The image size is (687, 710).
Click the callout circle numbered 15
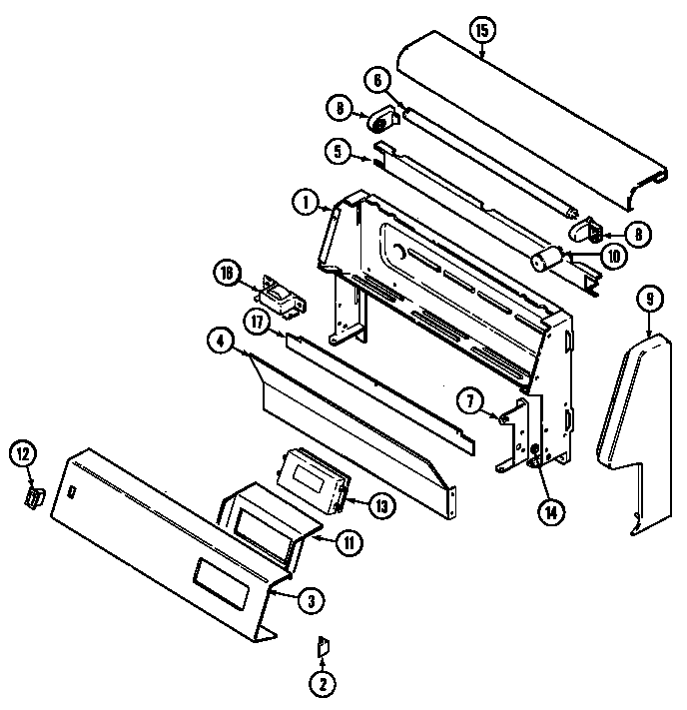pos(481,31)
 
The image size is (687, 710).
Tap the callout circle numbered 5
pos(339,151)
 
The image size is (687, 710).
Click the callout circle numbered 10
pos(613,256)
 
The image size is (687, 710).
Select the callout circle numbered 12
pos(24,454)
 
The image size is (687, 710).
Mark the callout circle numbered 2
pos(323,683)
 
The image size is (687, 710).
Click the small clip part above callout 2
pos(322,647)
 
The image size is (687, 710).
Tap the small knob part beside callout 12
pos(35,496)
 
